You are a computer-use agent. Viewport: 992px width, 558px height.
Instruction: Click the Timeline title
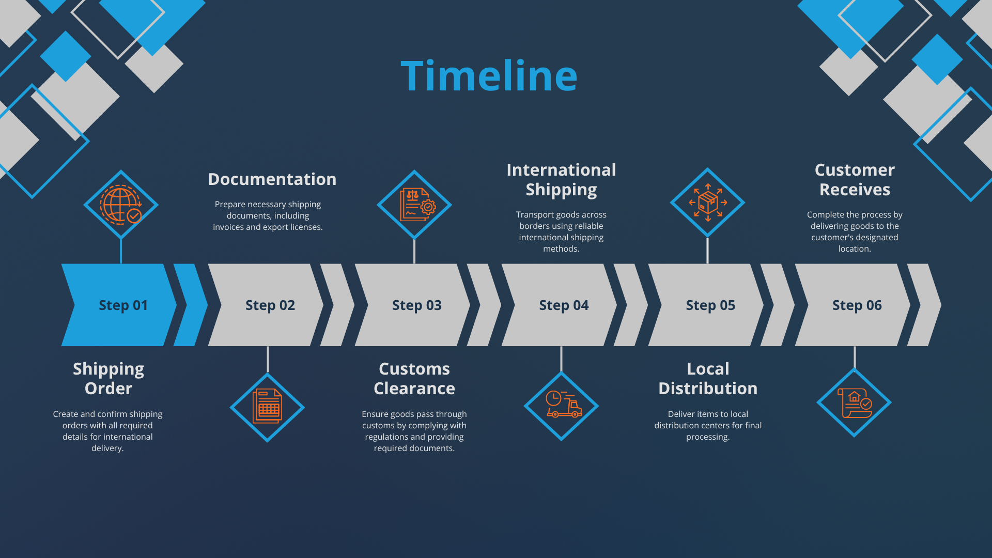489,76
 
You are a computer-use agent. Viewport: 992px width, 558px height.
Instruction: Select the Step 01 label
123,305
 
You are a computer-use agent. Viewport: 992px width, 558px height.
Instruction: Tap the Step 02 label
270,305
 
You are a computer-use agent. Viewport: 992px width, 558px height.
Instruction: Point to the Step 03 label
416,305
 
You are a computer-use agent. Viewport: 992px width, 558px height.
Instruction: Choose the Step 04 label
564,305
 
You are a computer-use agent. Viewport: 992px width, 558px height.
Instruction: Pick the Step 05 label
710,305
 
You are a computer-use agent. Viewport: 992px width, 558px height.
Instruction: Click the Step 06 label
857,305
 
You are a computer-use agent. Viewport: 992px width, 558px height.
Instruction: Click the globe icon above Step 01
121,205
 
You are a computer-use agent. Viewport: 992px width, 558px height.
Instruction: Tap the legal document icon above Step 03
414,205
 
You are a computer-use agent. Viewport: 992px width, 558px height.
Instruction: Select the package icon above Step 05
707,203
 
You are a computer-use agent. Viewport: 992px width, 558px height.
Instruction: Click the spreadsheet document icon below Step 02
267,407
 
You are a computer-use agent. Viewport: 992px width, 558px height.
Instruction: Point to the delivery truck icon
562,406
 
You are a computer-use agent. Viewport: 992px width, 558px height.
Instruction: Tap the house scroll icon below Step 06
854,402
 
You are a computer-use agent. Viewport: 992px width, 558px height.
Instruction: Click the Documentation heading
272,179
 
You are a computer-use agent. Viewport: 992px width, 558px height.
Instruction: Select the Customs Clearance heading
414,379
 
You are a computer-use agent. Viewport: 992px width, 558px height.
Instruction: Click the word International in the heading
561,170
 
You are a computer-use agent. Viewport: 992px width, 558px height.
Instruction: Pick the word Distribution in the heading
708,389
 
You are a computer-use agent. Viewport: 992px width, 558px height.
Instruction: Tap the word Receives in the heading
855,190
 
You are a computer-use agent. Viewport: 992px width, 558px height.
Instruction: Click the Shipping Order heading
109,379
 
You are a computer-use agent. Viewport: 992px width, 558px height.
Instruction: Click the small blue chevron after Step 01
190,305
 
